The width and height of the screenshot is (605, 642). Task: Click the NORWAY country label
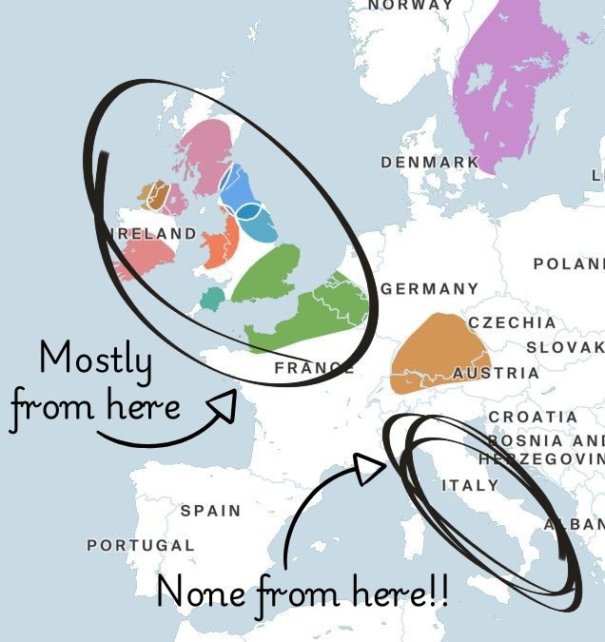[x=411, y=5]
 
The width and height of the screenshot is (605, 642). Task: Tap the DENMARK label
[x=430, y=163]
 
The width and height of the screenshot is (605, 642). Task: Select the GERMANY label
[x=430, y=289]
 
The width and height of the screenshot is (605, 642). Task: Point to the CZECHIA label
[x=512, y=323]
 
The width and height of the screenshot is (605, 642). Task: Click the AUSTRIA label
[x=496, y=374]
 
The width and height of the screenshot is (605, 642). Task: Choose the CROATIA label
[x=533, y=418]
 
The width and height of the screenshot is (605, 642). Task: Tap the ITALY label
[x=470, y=486]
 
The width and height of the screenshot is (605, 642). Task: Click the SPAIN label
[x=211, y=511]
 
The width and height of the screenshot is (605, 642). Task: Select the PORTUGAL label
[x=141, y=546]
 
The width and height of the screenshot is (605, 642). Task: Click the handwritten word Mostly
[x=95, y=360]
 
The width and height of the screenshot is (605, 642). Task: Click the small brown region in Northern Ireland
[x=152, y=195]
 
